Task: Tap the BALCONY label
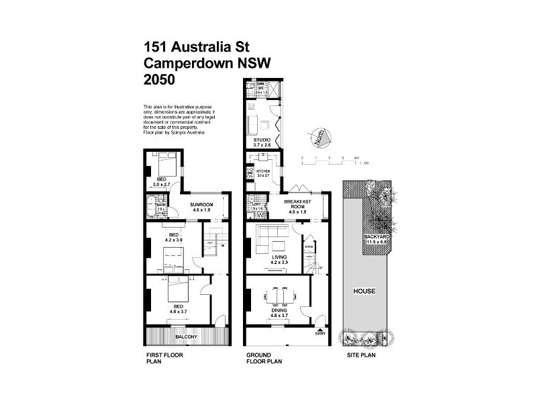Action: [x=186, y=336]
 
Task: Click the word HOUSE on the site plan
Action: [x=365, y=292]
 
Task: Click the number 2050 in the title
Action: [x=159, y=79]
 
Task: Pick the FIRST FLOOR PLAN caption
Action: [x=164, y=357]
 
